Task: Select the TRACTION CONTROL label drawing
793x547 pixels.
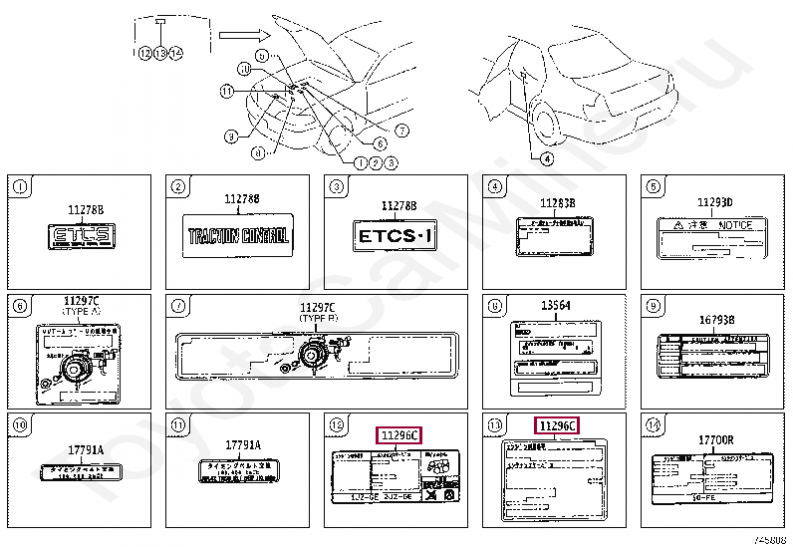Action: click(238, 237)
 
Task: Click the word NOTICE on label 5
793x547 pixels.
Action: click(735, 226)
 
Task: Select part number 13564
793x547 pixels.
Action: click(556, 306)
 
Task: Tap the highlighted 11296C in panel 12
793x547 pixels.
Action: click(397, 434)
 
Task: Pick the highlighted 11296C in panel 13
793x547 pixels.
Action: click(556, 426)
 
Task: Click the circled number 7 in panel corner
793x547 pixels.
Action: click(178, 306)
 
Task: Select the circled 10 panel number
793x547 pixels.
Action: click(20, 424)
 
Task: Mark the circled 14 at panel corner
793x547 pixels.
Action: click(654, 424)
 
